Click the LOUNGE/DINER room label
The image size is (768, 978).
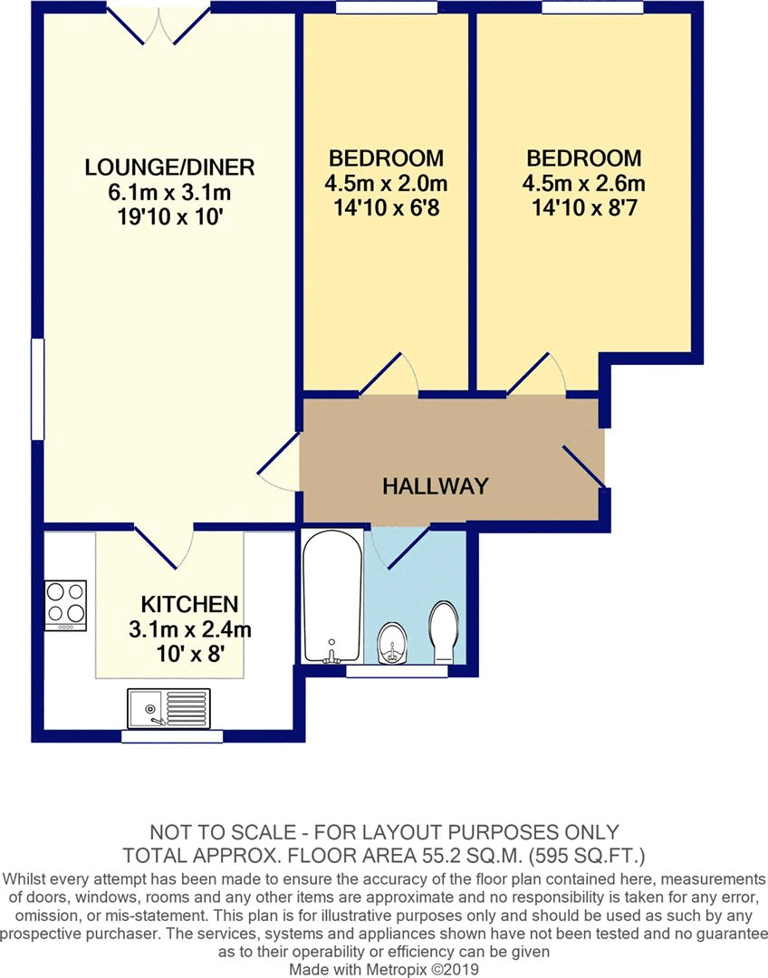pos(169,168)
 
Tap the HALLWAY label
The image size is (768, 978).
pos(435,486)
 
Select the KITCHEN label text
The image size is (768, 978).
pos(189,604)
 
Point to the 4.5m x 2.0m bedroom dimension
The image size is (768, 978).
pos(386,184)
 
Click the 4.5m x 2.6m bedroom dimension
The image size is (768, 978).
pos(583,184)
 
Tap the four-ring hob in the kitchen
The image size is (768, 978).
pos(66,605)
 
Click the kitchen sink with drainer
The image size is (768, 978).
pos(168,707)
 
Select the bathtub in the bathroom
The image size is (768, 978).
pos(331,598)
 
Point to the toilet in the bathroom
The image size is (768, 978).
pos(444,631)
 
